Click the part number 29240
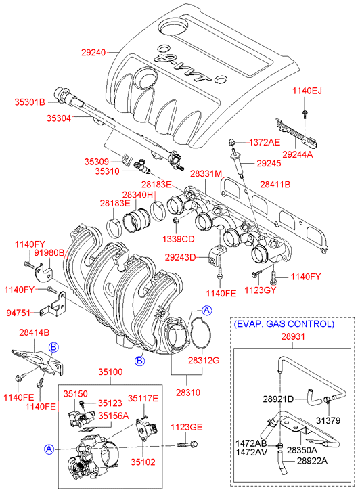[93, 52]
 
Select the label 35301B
[30, 102]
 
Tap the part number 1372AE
[265, 142]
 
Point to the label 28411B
[275, 185]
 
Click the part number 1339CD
[178, 239]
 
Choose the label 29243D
[180, 258]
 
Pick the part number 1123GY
[261, 290]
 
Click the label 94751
[18, 313]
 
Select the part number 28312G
[204, 361]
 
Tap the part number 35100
[110, 372]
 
